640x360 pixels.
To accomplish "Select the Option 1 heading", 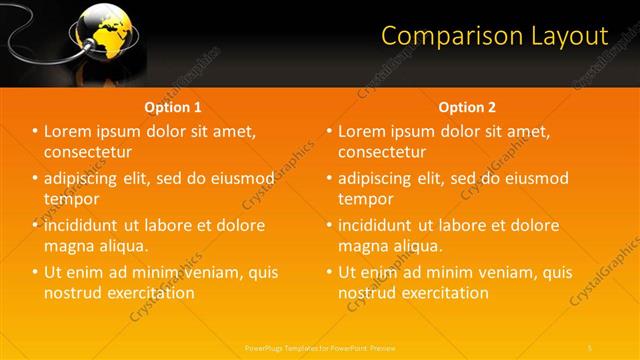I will [173, 107].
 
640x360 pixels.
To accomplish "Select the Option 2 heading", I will [467, 107].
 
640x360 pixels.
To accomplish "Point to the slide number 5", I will [591, 347].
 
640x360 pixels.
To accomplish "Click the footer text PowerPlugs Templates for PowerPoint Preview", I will [320, 347].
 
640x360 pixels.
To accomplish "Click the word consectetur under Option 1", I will [89, 152].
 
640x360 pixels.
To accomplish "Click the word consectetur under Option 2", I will [382, 152].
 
